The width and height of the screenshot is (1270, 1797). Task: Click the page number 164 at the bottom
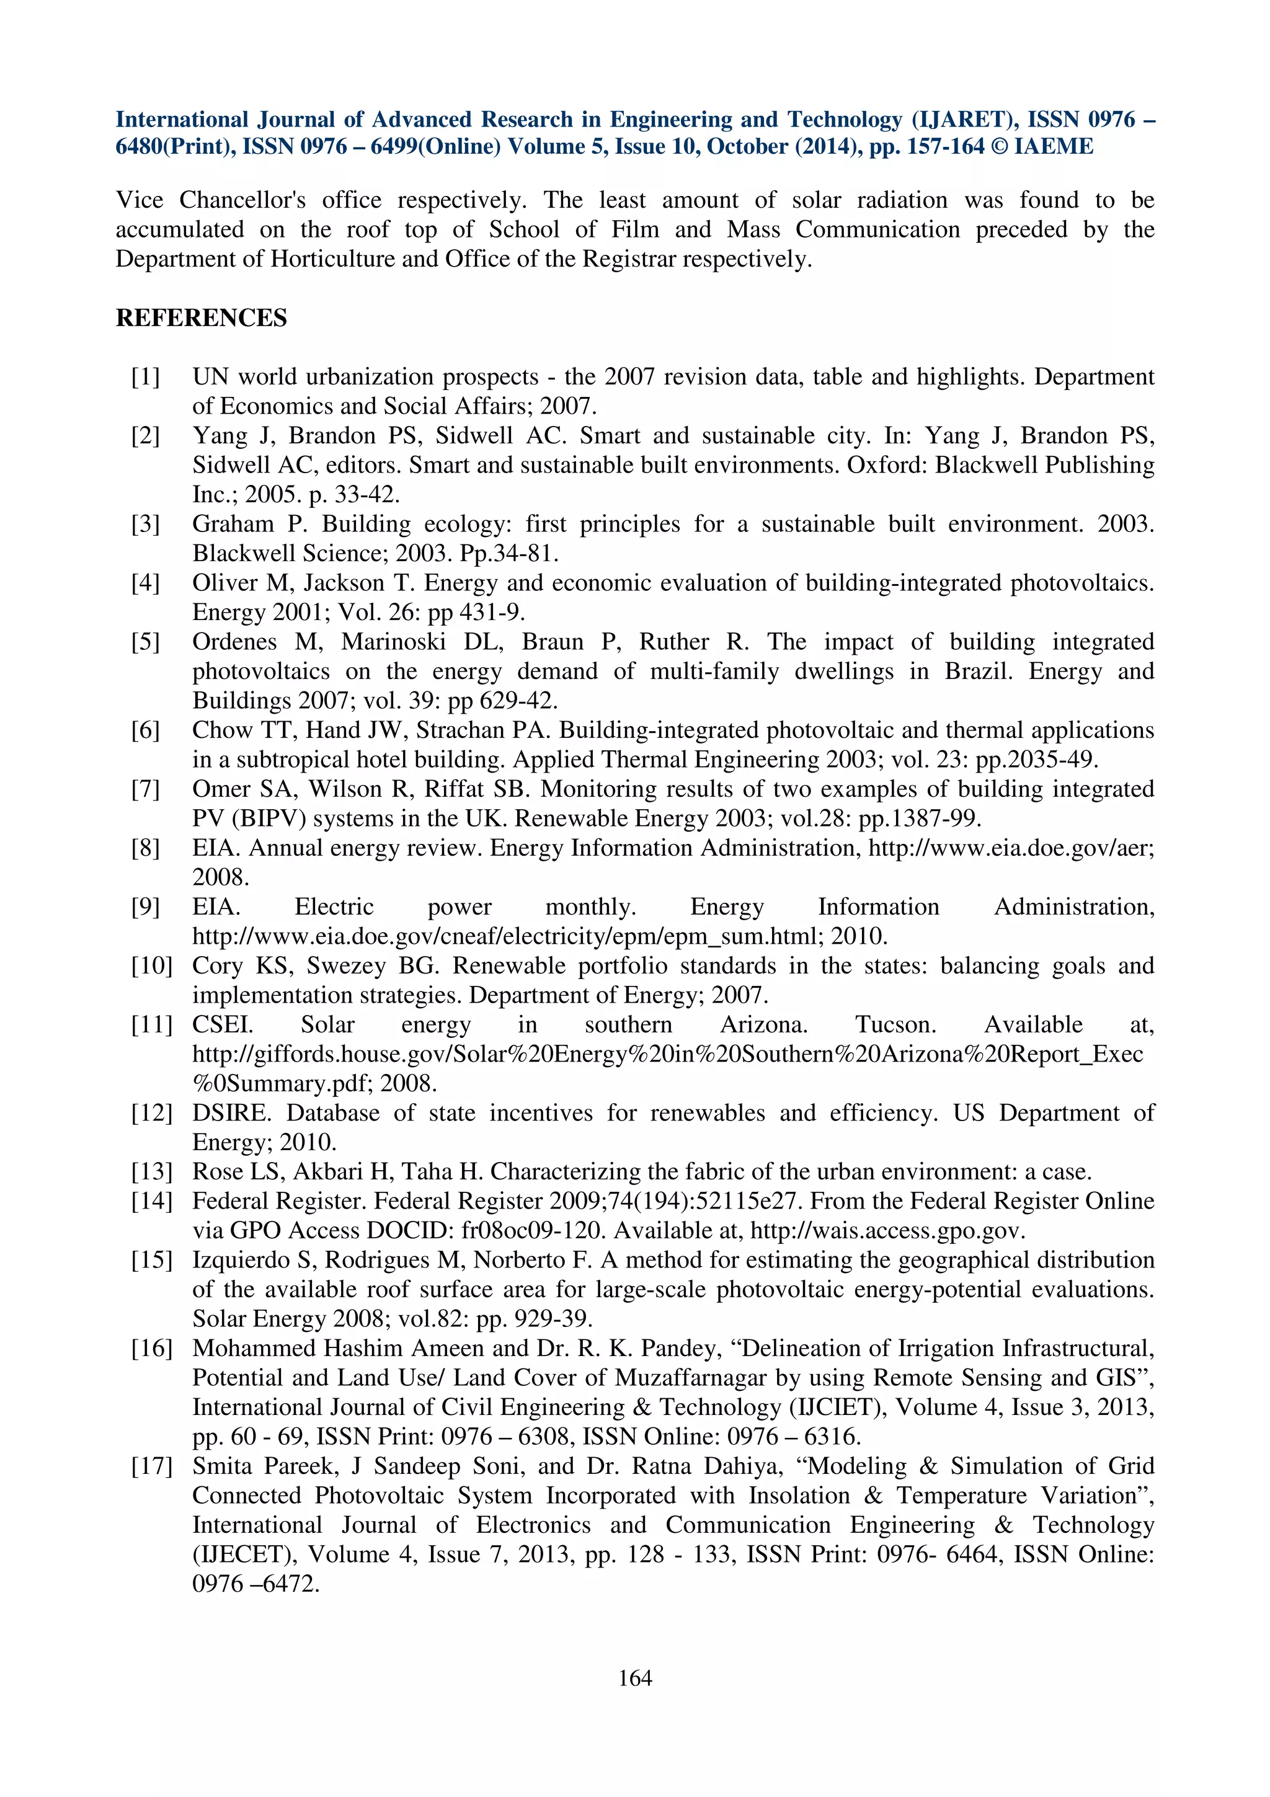pos(634,1677)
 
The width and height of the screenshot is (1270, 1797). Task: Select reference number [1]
pos(146,377)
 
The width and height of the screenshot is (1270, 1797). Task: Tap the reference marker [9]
pos(146,907)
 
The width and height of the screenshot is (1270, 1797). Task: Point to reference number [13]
pos(151,1172)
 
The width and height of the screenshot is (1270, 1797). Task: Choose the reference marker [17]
pos(151,1466)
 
